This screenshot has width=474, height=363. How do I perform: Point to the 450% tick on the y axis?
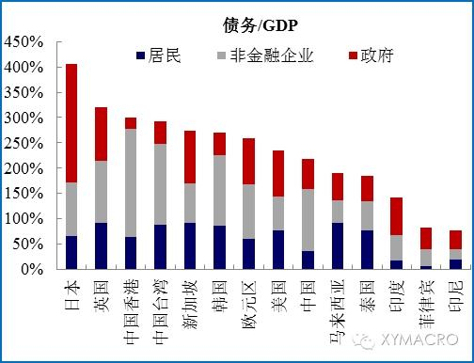pyautogui.click(x=24, y=42)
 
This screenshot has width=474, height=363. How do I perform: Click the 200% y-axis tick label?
pyautogui.click(x=24, y=168)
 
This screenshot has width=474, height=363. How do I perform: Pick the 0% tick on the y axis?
pyautogui.click(x=31, y=269)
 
